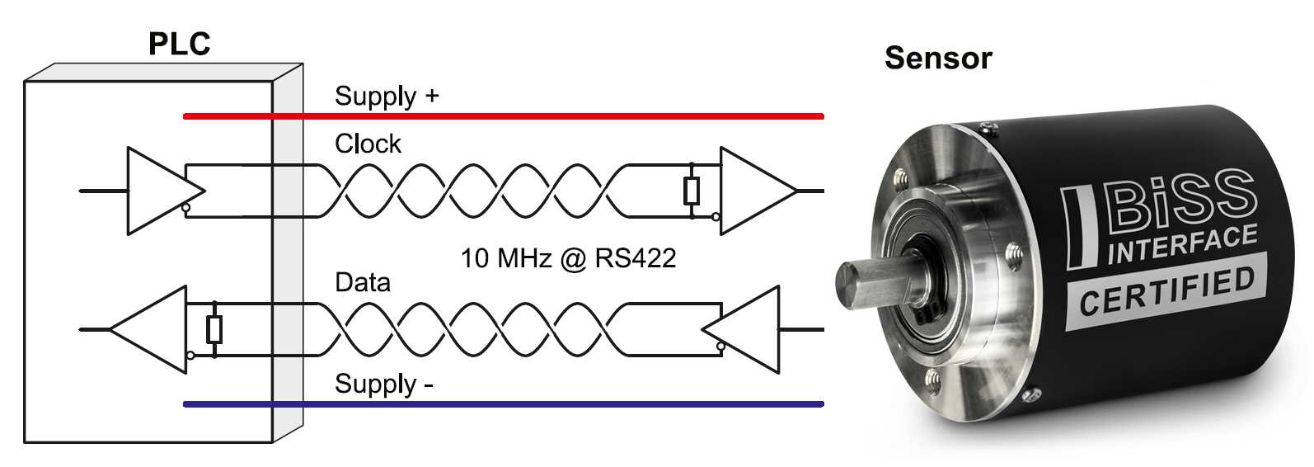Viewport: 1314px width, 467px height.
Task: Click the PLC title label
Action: tap(179, 44)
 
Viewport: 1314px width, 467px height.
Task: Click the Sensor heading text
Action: tap(938, 58)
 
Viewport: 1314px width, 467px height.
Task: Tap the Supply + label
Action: tap(387, 97)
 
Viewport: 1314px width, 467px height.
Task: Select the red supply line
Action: tap(504, 116)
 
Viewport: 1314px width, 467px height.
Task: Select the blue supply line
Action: tap(504, 404)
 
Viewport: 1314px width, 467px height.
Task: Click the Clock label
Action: tap(368, 144)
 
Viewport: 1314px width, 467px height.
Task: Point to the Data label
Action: tap(363, 282)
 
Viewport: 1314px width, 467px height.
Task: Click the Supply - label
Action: tap(383, 384)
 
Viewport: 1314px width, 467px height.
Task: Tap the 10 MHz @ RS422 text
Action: tap(568, 258)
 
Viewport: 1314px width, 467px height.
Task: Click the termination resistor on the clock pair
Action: tap(692, 191)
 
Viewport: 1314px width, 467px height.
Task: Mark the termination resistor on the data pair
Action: tap(214, 329)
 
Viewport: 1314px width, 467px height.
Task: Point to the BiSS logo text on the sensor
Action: tap(1179, 200)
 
